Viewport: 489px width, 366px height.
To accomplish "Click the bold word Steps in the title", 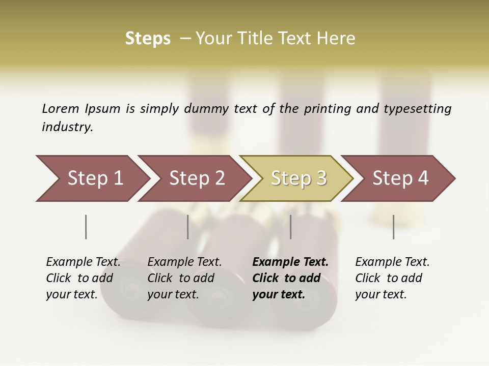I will click(148, 39).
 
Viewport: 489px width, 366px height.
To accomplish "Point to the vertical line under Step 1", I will click(86, 227).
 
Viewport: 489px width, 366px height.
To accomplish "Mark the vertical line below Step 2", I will click(188, 227).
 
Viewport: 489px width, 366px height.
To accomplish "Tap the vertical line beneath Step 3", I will click(291, 227).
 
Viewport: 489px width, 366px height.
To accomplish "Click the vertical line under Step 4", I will click(394, 227).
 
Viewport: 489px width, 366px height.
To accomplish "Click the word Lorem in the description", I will click(60, 109).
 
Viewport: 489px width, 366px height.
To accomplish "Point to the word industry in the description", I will click(67, 127).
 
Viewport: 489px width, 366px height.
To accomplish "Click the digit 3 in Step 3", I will click(321, 178).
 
